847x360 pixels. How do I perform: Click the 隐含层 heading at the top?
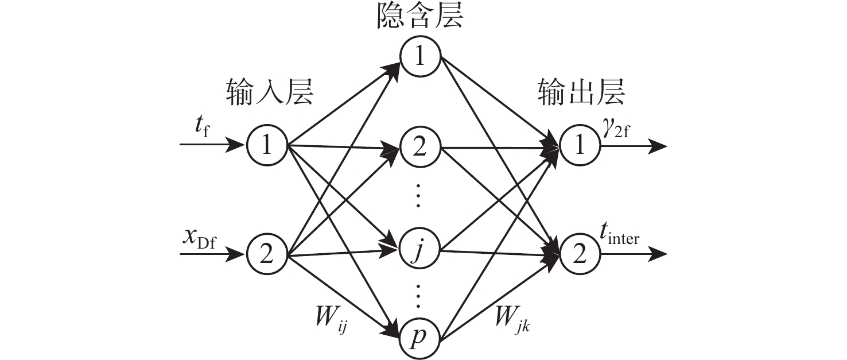coord(420,18)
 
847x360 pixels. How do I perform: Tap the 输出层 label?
coord(581,92)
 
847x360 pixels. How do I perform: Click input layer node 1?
coord(267,145)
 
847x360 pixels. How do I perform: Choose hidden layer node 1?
coord(420,59)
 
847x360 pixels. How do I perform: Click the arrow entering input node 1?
coord(212,145)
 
